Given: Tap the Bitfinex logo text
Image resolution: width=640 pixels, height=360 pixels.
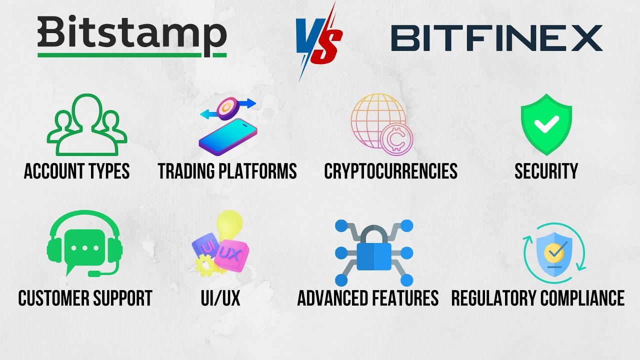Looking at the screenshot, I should pos(496,38).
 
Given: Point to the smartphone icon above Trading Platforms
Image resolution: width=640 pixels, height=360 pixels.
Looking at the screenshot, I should pos(228,135).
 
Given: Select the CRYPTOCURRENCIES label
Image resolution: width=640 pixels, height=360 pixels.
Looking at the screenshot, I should pos(390,171).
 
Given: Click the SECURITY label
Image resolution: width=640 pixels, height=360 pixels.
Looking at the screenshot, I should pos(546,171).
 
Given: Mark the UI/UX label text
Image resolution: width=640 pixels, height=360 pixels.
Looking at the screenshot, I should pos(220,298).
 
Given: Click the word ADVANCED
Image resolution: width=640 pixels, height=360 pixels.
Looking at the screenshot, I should pos(332,298).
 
